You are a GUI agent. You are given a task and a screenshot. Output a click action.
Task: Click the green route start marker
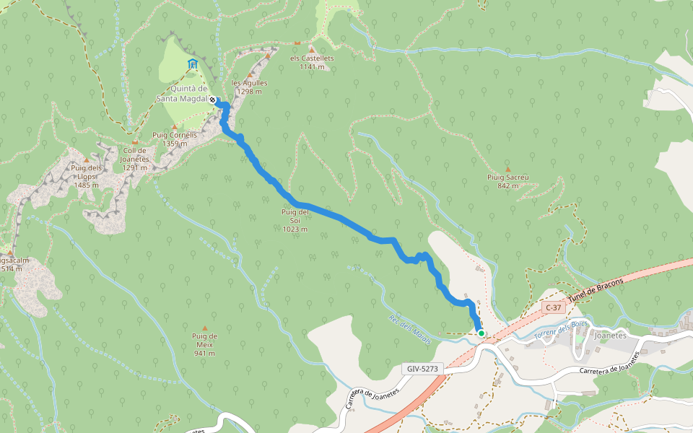click(481, 333)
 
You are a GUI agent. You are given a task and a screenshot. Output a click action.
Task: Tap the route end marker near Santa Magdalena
click(213, 100)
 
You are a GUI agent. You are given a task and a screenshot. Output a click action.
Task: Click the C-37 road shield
click(553, 307)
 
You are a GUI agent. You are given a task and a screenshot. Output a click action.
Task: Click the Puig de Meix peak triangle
click(204, 328)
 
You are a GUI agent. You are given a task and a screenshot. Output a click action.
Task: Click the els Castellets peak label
click(312, 62)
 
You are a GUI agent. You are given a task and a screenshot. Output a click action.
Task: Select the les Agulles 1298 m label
click(250, 87)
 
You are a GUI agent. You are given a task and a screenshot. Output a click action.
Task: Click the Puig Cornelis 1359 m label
click(175, 139)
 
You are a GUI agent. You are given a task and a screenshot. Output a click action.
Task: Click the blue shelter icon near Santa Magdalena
click(192, 64)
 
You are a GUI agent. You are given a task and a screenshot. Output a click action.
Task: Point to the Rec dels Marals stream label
click(409, 330)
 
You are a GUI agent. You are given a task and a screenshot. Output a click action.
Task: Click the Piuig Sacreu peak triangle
click(507, 169)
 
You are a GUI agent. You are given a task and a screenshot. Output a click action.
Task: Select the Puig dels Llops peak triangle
click(86, 160)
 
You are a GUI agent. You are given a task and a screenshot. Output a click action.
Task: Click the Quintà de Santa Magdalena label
click(184, 95)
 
